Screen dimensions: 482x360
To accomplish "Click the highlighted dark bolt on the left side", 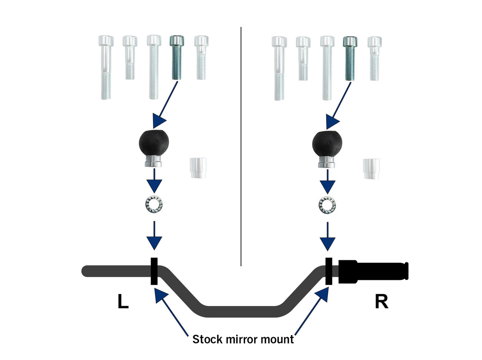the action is point(177,57).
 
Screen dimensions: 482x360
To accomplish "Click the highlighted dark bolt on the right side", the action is point(350,58).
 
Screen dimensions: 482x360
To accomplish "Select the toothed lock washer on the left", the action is point(154,205).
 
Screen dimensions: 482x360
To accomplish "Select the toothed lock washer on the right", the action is point(327,205).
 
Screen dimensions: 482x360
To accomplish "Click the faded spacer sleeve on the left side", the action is point(198,168).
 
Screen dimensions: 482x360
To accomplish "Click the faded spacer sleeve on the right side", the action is point(371,169).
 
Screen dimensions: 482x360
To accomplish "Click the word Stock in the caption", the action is point(208,340).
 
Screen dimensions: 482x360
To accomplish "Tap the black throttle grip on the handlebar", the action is point(373,271).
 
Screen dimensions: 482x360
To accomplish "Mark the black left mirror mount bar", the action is point(154,271).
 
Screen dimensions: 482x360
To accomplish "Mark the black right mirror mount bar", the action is point(329,271).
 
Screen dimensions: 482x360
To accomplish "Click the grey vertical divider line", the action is point(241,147).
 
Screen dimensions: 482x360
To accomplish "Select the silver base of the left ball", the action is point(153,162).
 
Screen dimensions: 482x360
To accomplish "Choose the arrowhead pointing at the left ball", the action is point(159,121).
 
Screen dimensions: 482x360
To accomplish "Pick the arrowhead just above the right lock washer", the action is point(327,187).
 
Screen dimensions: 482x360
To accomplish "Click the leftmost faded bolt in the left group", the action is point(106,67).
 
